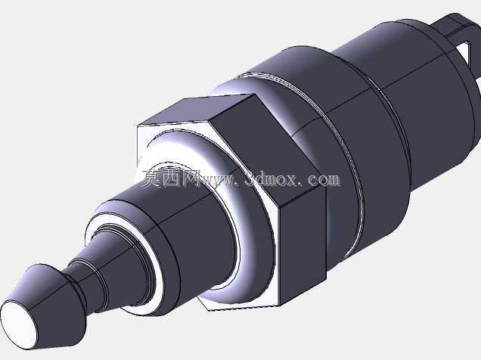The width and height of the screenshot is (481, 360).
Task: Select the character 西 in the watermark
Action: click(172, 178)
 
